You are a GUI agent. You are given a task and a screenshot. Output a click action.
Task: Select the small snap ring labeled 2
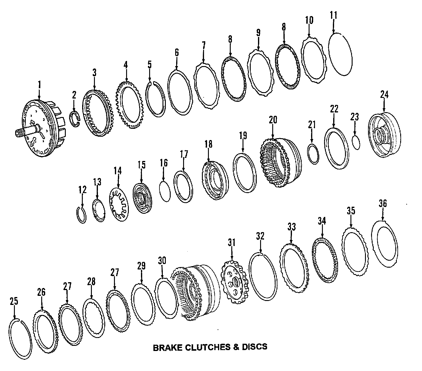[75, 119]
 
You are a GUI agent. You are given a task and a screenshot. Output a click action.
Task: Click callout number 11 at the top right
[333, 15]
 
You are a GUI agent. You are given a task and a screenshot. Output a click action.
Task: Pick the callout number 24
[384, 95]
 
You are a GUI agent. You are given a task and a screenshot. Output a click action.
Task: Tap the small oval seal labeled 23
[357, 142]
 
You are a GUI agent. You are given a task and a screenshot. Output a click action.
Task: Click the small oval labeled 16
[166, 191]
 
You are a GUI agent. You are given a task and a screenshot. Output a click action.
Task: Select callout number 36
[383, 203]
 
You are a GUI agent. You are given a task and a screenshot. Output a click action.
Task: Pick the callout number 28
[91, 282]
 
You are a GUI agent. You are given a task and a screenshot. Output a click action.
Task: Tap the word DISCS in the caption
[255, 346]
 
